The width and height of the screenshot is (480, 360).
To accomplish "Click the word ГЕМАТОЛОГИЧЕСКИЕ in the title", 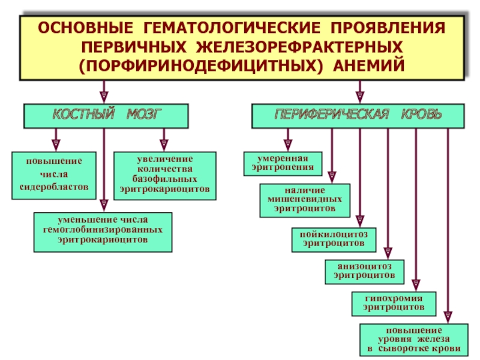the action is point(232,28).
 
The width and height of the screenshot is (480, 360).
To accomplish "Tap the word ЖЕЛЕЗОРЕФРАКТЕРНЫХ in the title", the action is point(299,47).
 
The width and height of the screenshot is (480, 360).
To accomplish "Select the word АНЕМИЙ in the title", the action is point(369,66).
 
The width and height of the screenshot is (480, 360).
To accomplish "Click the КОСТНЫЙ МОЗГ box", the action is point(106,116).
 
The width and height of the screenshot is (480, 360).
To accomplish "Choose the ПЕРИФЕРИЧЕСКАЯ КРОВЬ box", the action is point(358,116).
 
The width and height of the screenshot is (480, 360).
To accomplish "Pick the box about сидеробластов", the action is point(54,175).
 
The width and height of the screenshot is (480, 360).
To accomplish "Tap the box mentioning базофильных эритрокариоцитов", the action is point(164,176).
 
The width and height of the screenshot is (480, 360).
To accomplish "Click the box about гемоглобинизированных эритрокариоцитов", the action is point(103,232).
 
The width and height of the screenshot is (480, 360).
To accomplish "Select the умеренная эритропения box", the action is point(283,164).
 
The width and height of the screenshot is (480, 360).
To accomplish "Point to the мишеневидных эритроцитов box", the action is point(305,200).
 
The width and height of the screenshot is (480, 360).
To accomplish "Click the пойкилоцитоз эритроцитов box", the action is point(334,239).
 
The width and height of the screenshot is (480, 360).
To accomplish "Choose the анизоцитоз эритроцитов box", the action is point(364,272).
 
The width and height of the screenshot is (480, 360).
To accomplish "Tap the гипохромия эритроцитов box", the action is point(394,304).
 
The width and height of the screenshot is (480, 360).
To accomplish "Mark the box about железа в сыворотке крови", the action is point(414,340).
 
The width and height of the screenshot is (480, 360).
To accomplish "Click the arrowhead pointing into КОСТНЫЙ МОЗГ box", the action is point(104,97).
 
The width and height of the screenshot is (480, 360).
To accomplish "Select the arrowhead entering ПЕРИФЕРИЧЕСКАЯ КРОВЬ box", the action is point(360,97).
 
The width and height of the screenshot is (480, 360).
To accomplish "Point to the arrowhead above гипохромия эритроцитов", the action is point(416,286).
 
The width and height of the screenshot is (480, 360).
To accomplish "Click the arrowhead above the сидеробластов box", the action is point(56,145).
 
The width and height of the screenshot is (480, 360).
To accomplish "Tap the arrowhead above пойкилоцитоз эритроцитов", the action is point(360,221).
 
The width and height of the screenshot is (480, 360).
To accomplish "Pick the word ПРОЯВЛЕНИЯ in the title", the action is point(388,28).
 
